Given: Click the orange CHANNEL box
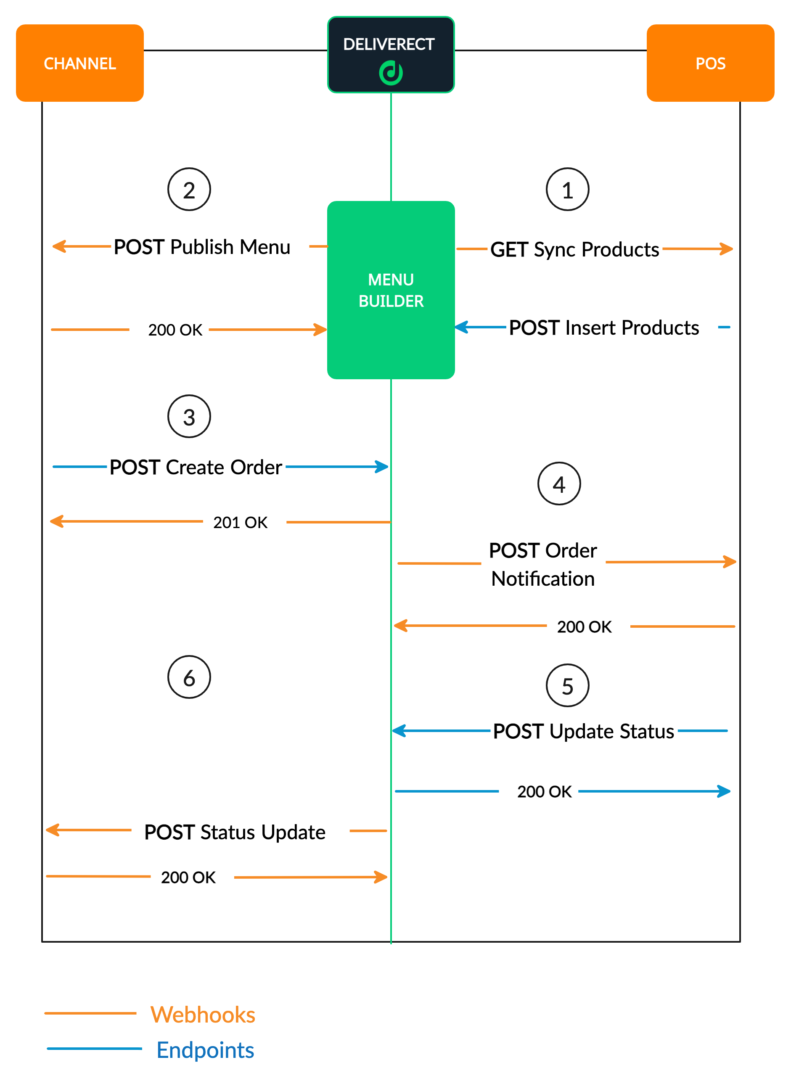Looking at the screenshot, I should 79,63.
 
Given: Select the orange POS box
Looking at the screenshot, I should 710,63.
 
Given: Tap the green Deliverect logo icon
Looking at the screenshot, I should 391,73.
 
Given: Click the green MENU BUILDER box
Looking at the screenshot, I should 391,290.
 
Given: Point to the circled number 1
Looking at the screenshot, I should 567,190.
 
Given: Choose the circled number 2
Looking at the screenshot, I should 189,190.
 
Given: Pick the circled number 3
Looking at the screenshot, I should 189,417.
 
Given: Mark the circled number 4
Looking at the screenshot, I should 559,484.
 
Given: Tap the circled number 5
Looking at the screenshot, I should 567,686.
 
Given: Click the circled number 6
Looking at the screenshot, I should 189,677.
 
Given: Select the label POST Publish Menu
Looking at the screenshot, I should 201,247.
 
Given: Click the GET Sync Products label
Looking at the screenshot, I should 574,249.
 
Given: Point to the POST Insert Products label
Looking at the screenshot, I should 604,328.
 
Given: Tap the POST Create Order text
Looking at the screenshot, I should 196,467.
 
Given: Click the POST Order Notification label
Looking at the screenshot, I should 543,564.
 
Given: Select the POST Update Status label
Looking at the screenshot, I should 583,732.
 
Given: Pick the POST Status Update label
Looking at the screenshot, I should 235,832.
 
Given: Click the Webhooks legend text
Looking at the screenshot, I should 203,1015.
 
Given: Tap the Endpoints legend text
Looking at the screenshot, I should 205,1050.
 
